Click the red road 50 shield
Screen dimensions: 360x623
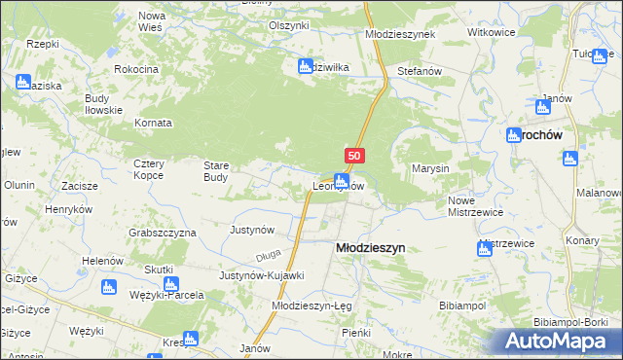click(x=354, y=155)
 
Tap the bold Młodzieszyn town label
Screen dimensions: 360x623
click(x=370, y=248)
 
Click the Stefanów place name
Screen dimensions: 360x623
click(x=421, y=71)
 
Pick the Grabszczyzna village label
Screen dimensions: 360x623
click(x=163, y=233)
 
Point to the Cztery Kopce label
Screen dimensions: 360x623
click(x=155, y=169)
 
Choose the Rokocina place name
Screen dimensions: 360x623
click(x=136, y=70)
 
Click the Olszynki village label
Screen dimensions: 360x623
click(x=288, y=25)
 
